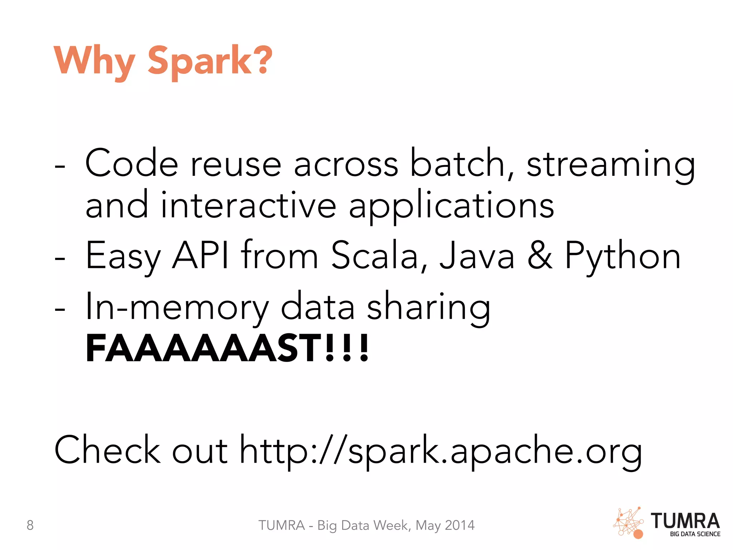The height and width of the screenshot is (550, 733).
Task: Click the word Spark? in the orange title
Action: point(210,61)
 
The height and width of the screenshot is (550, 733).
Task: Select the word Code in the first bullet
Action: point(131,164)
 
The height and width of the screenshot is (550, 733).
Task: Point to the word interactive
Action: point(248,206)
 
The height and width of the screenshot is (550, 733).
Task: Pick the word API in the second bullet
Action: point(200,255)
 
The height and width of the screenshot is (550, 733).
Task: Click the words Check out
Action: point(141,450)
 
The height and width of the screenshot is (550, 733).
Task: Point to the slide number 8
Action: point(30,525)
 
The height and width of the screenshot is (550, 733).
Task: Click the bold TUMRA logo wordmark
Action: point(685,521)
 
